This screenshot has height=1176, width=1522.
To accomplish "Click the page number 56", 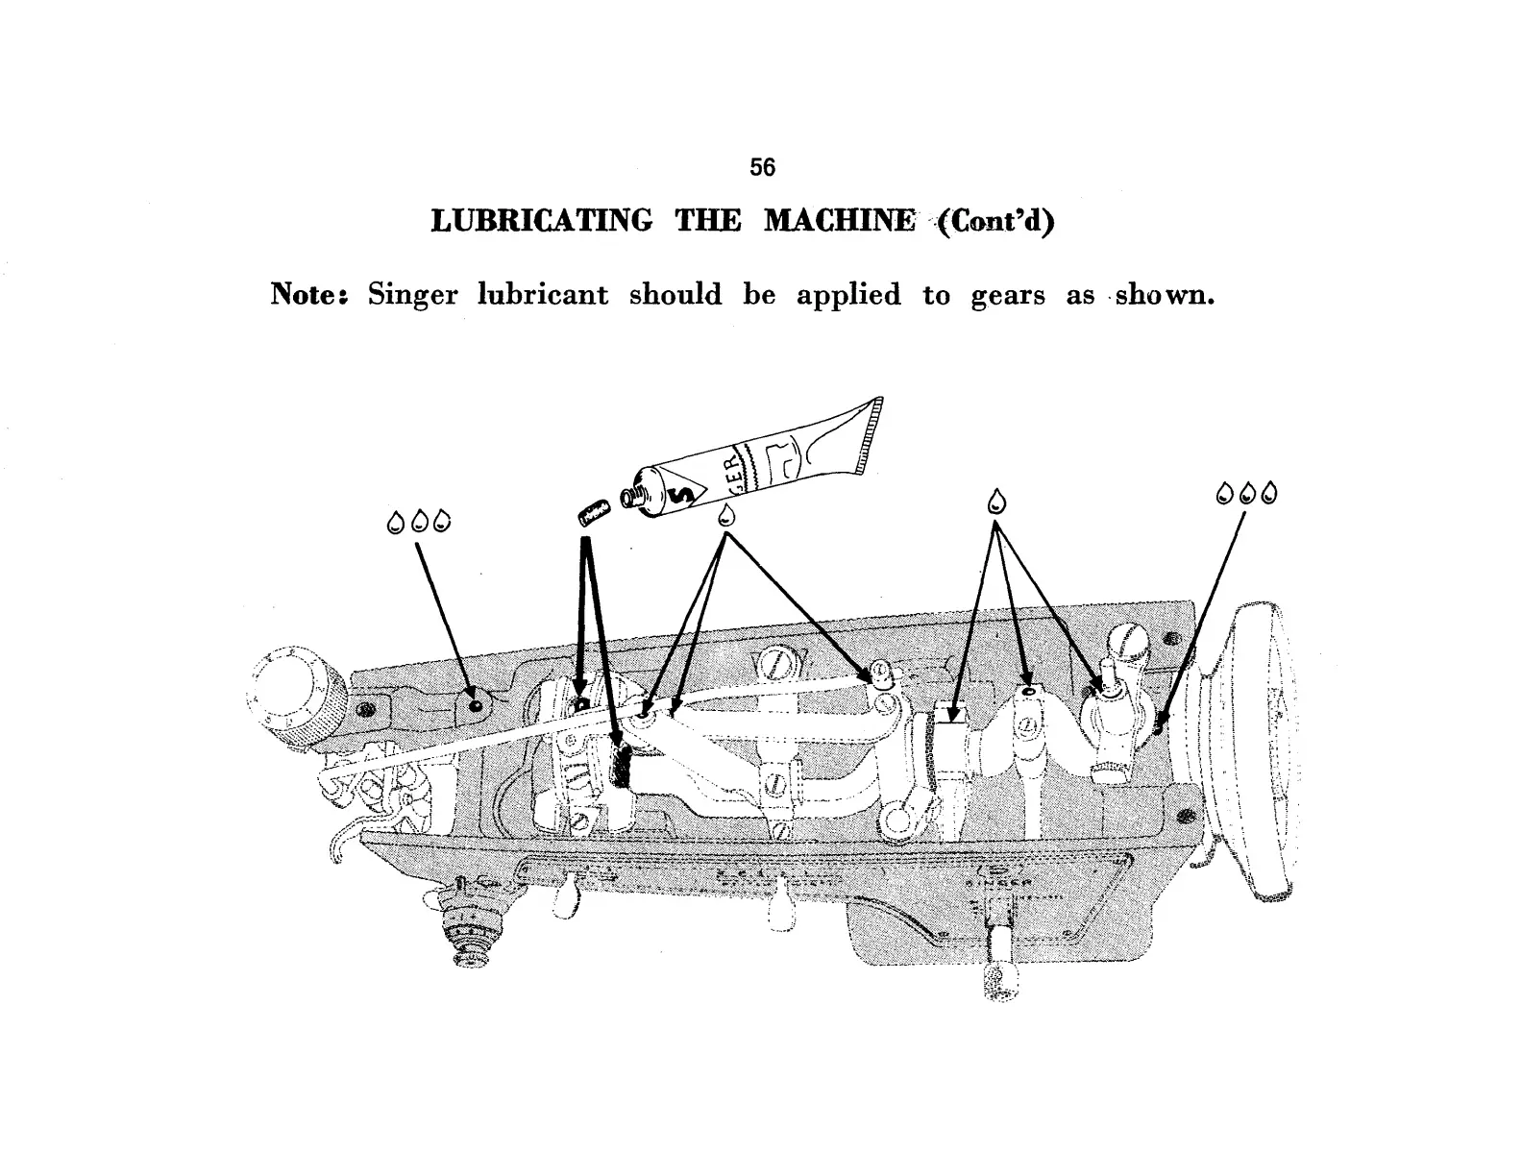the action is pos(762,167).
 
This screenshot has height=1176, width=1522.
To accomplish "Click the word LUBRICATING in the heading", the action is pos(541,222).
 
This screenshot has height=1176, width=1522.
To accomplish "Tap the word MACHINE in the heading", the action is pos(839,222).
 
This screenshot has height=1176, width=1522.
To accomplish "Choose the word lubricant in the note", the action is pos(543,294).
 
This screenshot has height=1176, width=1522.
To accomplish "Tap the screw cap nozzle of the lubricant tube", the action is pos(631,496).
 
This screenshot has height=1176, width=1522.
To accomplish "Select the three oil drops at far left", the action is pos(418,523).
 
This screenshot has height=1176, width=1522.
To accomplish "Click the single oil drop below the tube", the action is pos(727,513).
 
